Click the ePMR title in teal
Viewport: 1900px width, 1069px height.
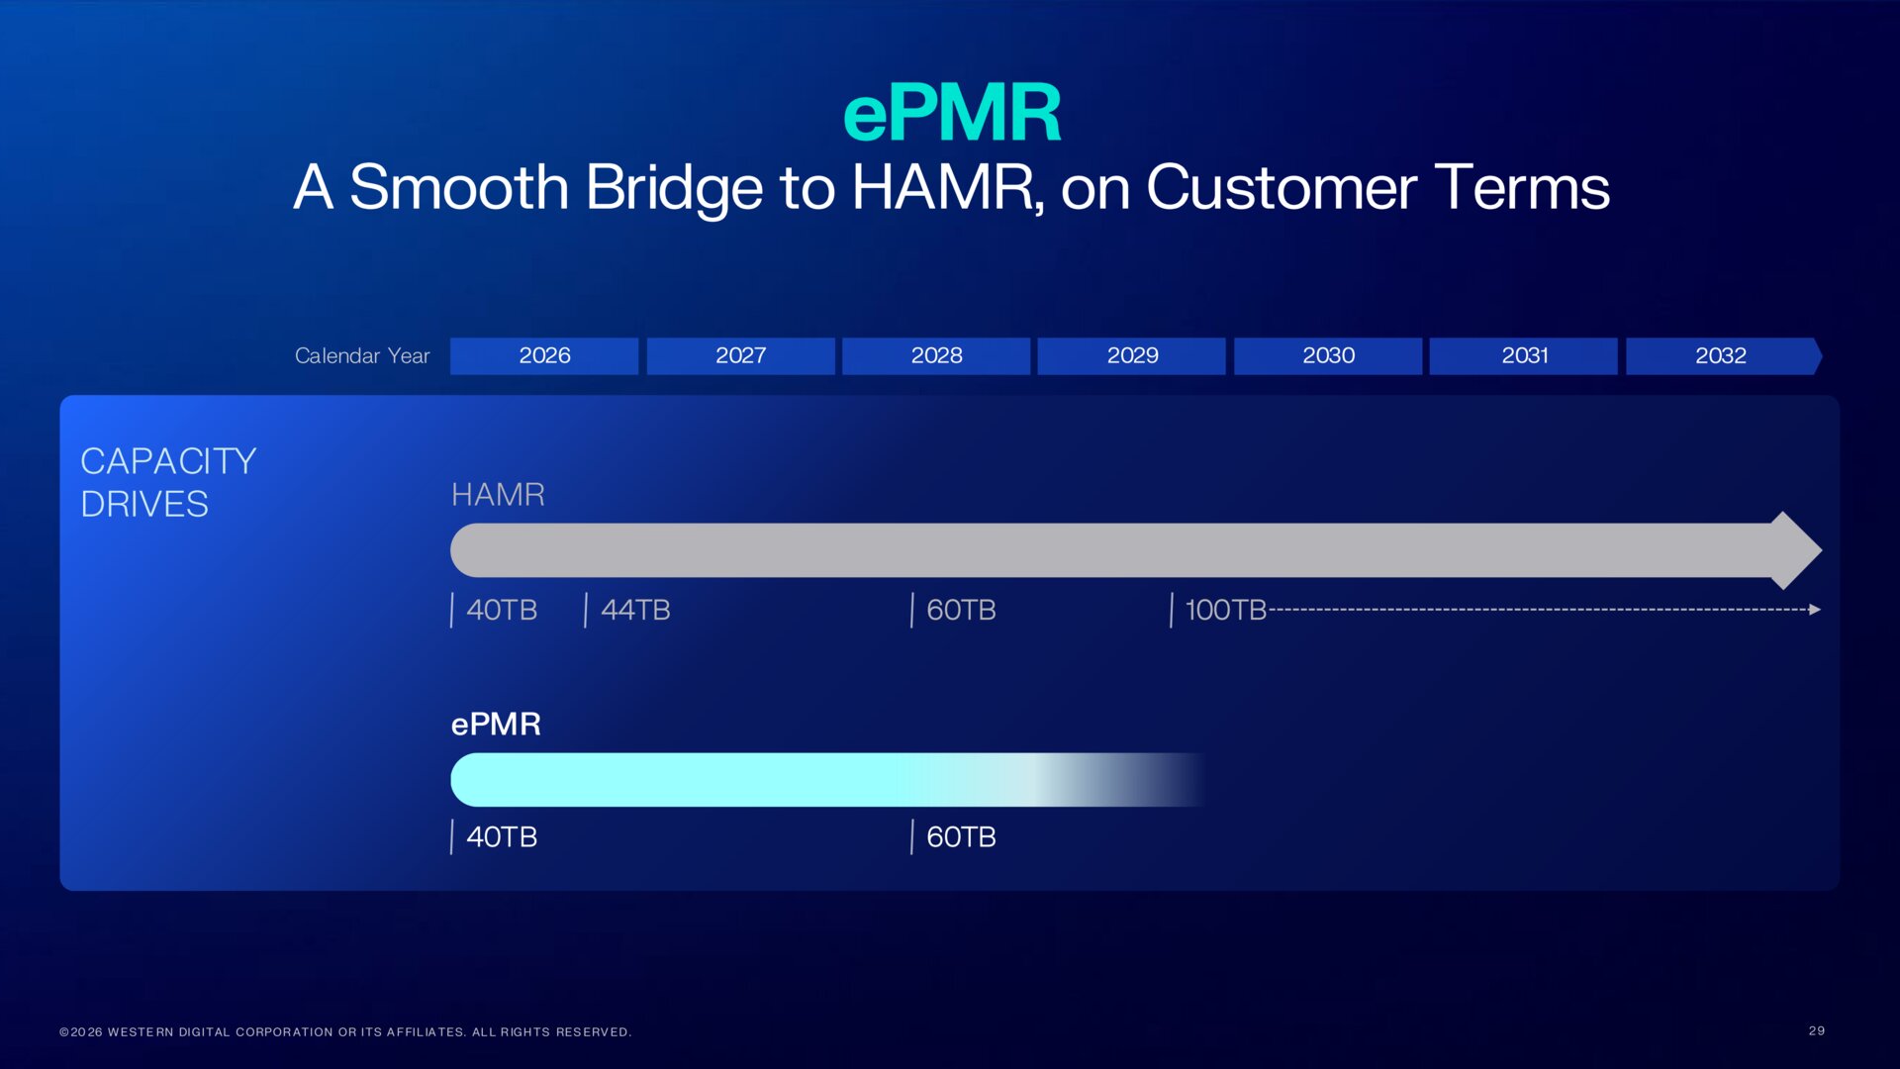pyautogui.click(x=951, y=114)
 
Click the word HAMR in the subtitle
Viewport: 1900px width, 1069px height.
pyautogui.click(x=942, y=188)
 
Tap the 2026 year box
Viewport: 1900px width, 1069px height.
pyautogui.click(x=544, y=355)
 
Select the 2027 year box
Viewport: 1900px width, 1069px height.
pyautogui.click(x=740, y=355)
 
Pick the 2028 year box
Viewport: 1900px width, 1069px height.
pyautogui.click(x=936, y=355)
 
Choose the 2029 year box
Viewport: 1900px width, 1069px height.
pyautogui.click(x=1132, y=355)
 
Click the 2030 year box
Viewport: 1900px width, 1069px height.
pyautogui.click(x=1328, y=355)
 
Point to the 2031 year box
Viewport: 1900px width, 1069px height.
pyautogui.click(x=1524, y=355)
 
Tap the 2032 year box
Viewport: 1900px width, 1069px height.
pyautogui.click(x=1720, y=355)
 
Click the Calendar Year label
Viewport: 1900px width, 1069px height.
pyautogui.click(x=362, y=356)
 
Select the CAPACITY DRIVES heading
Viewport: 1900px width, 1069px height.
pyautogui.click(x=168, y=483)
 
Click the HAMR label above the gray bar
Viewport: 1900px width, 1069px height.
pyautogui.click(x=498, y=495)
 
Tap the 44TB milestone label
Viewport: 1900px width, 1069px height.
pyautogui.click(x=635, y=610)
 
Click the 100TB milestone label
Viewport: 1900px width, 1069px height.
pyautogui.click(x=1225, y=610)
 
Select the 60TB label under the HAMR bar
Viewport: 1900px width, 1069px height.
pyautogui.click(x=961, y=610)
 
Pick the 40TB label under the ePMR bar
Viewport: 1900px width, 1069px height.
pyautogui.click(x=502, y=837)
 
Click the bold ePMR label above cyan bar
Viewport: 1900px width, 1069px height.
pyautogui.click(x=496, y=725)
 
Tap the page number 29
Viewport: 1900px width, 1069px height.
pyautogui.click(x=1816, y=1030)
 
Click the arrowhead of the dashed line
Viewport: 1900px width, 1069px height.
pyautogui.click(x=1814, y=610)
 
